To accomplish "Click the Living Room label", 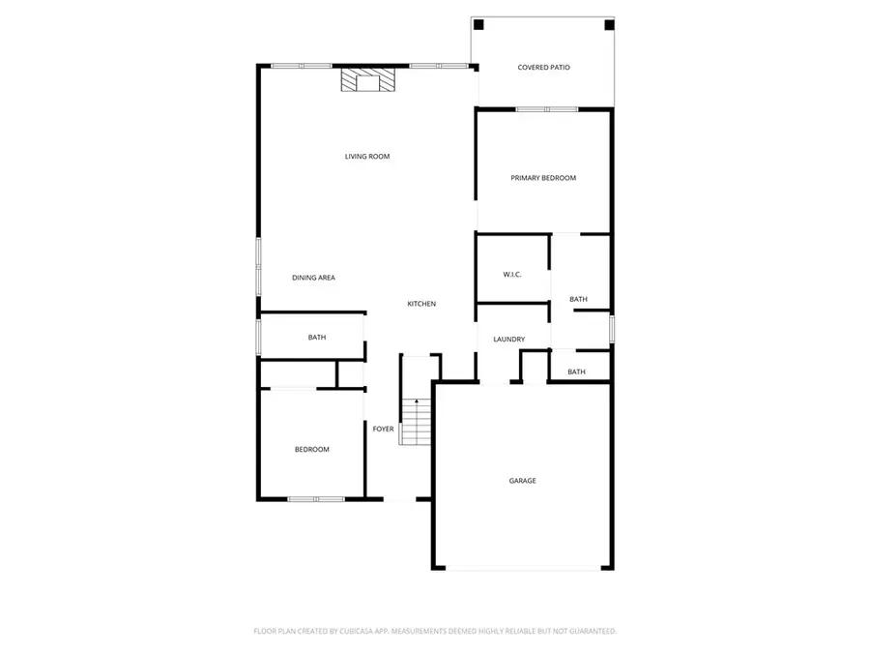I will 367,156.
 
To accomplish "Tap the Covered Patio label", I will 543,68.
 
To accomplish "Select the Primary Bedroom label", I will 543,178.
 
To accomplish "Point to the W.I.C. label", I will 512,275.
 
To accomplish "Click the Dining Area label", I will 313,278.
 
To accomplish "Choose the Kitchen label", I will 421,304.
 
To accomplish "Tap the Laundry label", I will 508,340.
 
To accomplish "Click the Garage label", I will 523,481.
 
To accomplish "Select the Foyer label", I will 384,429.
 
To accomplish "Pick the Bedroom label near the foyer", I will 312,449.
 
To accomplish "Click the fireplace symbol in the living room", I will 367,80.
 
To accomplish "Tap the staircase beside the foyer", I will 416,424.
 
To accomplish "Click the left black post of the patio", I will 478,25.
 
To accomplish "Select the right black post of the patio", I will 608,25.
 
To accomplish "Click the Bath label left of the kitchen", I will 317,338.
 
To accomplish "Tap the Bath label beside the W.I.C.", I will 578,300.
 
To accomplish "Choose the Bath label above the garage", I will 576,371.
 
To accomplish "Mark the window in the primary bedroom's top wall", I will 541,109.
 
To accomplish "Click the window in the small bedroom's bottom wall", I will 316,499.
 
